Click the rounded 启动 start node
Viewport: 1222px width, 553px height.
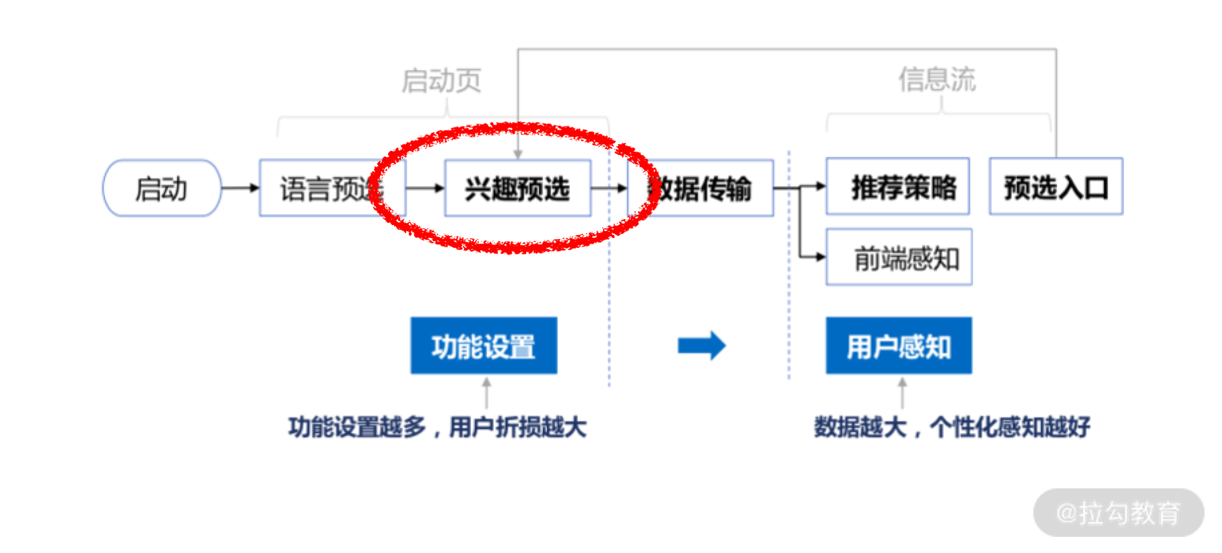pyautogui.click(x=162, y=188)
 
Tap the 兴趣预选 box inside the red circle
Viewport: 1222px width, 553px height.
pyautogui.click(x=517, y=188)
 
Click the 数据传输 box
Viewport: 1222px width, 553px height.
pyautogui.click(x=701, y=188)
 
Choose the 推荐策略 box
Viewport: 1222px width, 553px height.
pyautogui.click(x=897, y=187)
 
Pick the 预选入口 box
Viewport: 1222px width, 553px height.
pyautogui.click(x=1056, y=187)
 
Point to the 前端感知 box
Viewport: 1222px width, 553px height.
pyautogui.click(x=899, y=257)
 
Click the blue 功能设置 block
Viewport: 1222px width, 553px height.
pyautogui.click(x=484, y=346)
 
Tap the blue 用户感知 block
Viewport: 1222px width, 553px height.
pyautogui.click(x=899, y=346)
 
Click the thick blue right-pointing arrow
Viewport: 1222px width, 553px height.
pyautogui.click(x=701, y=346)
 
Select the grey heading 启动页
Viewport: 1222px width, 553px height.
pyautogui.click(x=441, y=80)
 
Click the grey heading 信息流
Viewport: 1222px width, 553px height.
pyautogui.click(x=936, y=79)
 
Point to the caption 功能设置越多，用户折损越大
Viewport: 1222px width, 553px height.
pyautogui.click(x=437, y=427)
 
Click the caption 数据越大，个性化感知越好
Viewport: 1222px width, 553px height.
pyautogui.click(x=951, y=427)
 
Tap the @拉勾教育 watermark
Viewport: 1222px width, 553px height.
pyautogui.click(x=1118, y=513)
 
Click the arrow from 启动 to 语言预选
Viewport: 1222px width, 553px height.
pyautogui.click(x=240, y=188)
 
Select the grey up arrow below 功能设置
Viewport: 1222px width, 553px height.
pyautogui.click(x=486, y=392)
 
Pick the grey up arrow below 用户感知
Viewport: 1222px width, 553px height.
pyautogui.click(x=902, y=392)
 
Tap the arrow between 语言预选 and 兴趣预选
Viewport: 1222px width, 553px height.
pyautogui.click(x=425, y=188)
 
